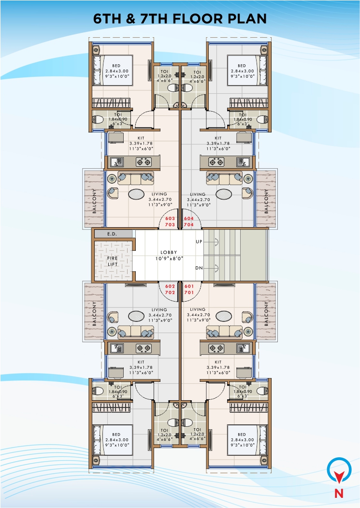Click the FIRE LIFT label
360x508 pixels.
(112, 261)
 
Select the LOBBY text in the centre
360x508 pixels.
(169, 252)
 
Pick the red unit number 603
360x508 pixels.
(170, 218)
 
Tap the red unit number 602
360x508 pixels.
(170, 286)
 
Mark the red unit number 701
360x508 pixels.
(189, 292)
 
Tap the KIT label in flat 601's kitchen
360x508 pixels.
(218, 362)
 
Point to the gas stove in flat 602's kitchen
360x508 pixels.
(144, 347)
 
